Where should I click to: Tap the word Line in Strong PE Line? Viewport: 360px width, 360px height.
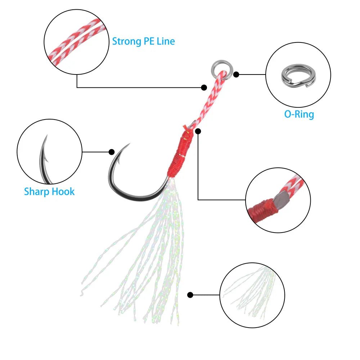click(x=166, y=41)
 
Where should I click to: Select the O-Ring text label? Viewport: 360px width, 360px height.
click(x=299, y=114)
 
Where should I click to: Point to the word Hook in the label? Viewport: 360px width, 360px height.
click(x=63, y=191)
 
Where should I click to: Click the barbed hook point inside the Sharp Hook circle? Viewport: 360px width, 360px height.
click(x=45, y=158)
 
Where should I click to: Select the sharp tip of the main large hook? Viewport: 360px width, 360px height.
click(x=129, y=144)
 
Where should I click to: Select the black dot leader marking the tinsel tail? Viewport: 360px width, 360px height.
click(x=190, y=295)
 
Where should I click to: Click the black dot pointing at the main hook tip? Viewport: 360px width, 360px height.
click(x=112, y=152)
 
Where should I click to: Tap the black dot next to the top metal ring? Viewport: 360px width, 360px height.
click(x=236, y=75)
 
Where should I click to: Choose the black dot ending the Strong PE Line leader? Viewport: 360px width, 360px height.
click(x=204, y=87)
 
